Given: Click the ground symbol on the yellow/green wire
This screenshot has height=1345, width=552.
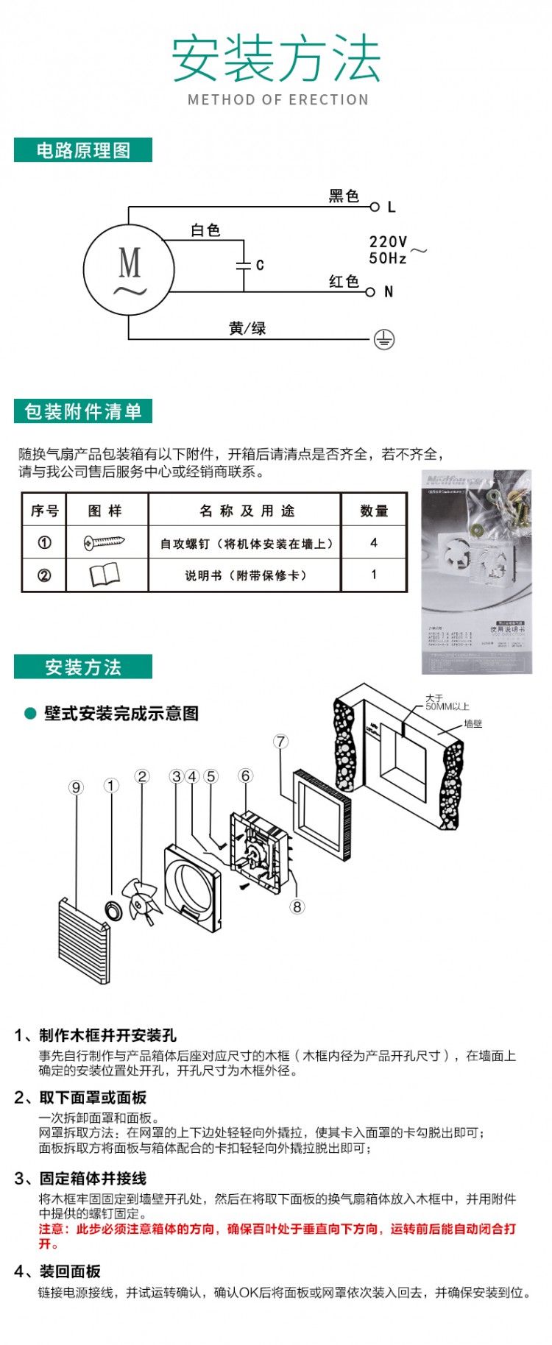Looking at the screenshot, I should [x=384, y=339].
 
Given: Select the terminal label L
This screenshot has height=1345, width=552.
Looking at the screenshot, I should [x=391, y=207].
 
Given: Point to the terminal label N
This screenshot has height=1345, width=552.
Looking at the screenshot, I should [x=389, y=292].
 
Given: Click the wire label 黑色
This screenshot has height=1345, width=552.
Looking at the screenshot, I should [x=344, y=196].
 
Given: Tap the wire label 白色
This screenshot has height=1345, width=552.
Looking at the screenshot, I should [x=205, y=230].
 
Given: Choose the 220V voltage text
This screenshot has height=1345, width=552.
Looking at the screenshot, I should [x=388, y=241].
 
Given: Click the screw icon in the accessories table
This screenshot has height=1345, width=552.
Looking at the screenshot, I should [x=105, y=543].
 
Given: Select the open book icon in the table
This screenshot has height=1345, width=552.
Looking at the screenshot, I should [x=105, y=575].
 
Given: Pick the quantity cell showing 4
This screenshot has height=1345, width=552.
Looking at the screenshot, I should [x=374, y=542].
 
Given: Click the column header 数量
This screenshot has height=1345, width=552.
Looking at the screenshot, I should [x=374, y=511].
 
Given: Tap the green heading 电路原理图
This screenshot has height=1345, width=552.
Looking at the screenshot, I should [x=83, y=150].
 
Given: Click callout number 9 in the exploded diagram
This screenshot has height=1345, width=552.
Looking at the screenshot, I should [x=76, y=787].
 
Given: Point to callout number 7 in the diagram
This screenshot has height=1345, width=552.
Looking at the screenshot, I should [x=280, y=741].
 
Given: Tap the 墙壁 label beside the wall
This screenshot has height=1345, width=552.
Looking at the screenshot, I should [x=473, y=724].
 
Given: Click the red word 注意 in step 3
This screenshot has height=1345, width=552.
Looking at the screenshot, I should [x=52, y=1229].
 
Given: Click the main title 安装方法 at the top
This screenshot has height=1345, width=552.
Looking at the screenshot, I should [x=276, y=59].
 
